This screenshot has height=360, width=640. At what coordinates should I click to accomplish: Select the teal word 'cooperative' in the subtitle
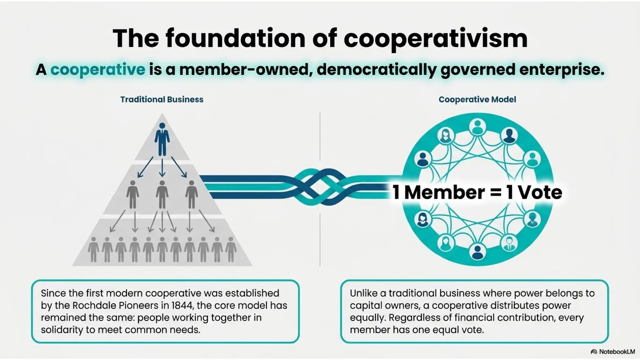coord(98,69)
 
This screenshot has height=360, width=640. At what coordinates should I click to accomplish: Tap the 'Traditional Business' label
coord(162,99)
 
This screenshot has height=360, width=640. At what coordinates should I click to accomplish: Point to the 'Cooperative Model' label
coord(477,99)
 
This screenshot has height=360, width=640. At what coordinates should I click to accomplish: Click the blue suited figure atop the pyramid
coord(162,139)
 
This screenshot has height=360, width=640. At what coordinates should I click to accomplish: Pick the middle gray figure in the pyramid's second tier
coord(162,194)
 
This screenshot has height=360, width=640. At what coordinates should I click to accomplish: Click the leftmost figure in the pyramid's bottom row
coord(93,249)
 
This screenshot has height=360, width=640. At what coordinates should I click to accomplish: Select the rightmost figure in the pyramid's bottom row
coord(231,249)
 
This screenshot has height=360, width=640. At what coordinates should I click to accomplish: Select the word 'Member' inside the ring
coord(444,192)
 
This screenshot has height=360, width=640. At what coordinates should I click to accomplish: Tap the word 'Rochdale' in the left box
coord(93,305)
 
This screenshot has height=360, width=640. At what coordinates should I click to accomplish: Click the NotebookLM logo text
coord(617,352)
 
